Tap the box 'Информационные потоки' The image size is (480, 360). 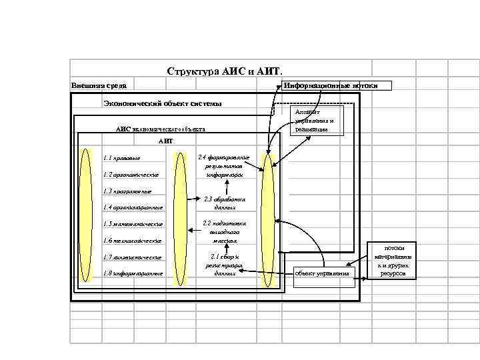point(337,85)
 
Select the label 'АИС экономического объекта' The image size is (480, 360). point(161,129)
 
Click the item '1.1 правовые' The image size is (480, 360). point(122,158)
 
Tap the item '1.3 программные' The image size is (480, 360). point(127,191)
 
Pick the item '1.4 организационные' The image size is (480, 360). point(133,207)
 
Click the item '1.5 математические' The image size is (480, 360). point(132,224)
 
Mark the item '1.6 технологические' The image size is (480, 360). point(132,240)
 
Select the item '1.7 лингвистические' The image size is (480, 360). point(133,257)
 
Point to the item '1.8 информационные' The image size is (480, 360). point(133,273)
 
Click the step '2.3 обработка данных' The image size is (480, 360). point(224,203)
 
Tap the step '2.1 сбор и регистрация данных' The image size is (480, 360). point(224,265)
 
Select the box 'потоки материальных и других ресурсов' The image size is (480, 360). point(393,261)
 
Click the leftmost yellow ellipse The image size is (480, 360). point(85,215)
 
